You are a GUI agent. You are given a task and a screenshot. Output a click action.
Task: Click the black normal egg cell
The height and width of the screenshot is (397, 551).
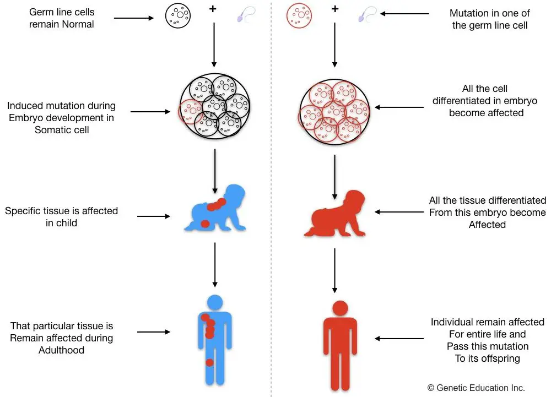click(x=178, y=15)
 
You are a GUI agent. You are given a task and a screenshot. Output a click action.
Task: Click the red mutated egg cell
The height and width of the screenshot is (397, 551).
click(x=299, y=15)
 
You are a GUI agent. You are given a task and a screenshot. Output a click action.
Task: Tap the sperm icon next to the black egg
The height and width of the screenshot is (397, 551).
click(x=246, y=14)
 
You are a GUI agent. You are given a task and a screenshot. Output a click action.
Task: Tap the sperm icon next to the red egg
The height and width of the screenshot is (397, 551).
click(x=367, y=14)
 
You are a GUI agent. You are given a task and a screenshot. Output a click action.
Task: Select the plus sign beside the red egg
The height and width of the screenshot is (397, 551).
click(x=335, y=9)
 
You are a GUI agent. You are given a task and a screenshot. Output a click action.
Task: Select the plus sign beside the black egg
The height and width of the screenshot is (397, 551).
click(x=213, y=9)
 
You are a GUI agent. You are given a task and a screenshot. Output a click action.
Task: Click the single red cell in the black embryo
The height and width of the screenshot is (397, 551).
click(x=191, y=111)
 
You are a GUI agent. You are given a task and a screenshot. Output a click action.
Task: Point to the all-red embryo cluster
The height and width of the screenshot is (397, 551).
click(x=334, y=112)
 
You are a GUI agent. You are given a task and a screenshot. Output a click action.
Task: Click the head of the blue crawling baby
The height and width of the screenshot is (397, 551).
click(x=234, y=195)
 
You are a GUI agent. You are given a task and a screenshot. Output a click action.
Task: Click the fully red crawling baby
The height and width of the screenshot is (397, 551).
click(x=335, y=214)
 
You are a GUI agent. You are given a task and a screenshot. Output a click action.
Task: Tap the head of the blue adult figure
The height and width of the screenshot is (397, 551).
click(x=215, y=302)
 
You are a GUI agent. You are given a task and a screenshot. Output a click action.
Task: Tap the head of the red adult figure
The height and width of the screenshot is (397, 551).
click(x=340, y=308)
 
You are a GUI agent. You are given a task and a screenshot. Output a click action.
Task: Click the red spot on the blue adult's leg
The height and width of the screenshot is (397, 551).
click(x=209, y=362)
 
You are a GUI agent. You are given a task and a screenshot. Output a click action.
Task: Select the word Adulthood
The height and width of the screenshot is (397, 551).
click(x=62, y=350)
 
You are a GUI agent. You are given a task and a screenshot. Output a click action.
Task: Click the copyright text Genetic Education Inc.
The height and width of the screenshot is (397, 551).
click(x=476, y=388)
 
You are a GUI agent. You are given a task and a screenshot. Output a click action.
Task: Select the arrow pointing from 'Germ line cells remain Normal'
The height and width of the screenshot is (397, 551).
click(x=134, y=18)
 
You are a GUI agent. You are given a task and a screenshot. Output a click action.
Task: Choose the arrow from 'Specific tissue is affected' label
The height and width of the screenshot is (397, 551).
click(x=154, y=216)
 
